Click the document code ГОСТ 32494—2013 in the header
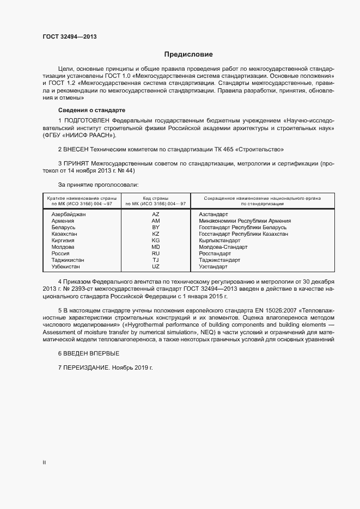(x=70, y=37)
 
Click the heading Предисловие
(x=188, y=54)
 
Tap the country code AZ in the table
(x=156, y=214)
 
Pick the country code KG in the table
(x=156, y=241)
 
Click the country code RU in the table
(x=156, y=254)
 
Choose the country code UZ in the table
(x=156, y=267)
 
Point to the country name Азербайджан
(x=69, y=214)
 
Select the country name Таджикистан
(x=68, y=260)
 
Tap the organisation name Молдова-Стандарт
(x=223, y=247)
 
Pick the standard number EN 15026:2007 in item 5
(x=261, y=310)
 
